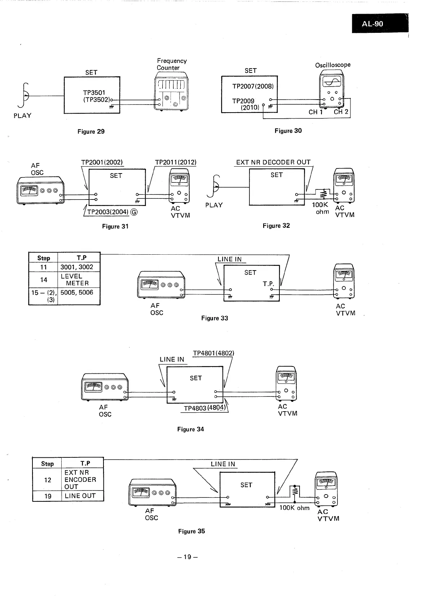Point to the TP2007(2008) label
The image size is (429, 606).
click(x=253, y=86)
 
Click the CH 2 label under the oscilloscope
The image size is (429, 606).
click(x=341, y=112)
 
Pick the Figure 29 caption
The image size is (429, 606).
click(x=91, y=132)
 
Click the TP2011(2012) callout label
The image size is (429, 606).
click(x=176, y=162)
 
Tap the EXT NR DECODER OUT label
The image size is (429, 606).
click(x=273, y=162)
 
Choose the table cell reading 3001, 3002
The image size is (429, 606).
click(x=77, y=267)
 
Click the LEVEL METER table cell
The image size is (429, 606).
click(x=77, y=280)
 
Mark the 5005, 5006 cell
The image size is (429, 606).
click(x=77, y=293)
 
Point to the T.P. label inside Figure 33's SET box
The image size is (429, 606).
click(x=269, y=284)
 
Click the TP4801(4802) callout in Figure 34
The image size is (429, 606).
click(x=213, y=353)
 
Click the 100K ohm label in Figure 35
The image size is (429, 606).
click(x=295, y=508)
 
